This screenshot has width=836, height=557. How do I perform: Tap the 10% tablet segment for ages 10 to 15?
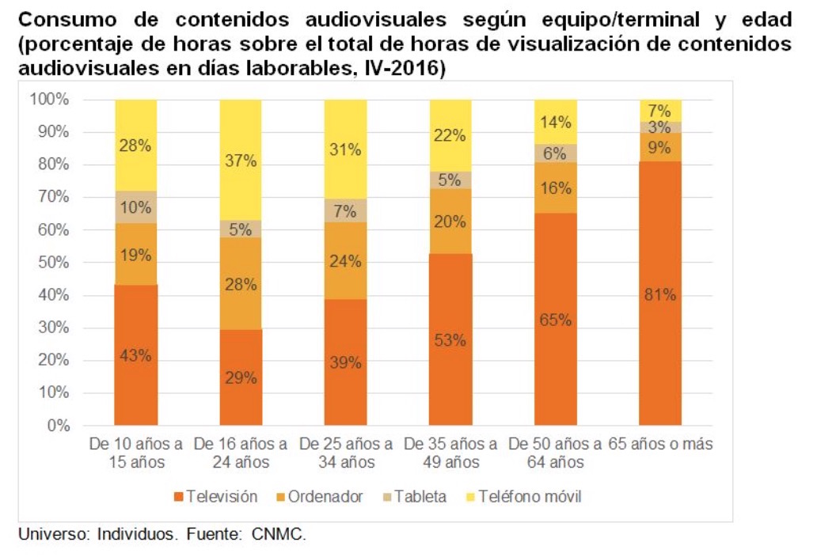(135, 207)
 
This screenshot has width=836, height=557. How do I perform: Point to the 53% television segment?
(450, 339)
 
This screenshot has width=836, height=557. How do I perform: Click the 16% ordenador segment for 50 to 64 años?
(555, 188)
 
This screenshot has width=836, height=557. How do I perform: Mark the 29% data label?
(241, 378)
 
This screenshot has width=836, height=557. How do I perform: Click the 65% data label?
(555, 320)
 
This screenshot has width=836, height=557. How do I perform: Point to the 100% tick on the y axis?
(49, 100)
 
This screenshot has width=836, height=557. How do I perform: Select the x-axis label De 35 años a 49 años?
(450, 453)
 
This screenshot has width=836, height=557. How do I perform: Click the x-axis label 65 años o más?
(660, 444)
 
